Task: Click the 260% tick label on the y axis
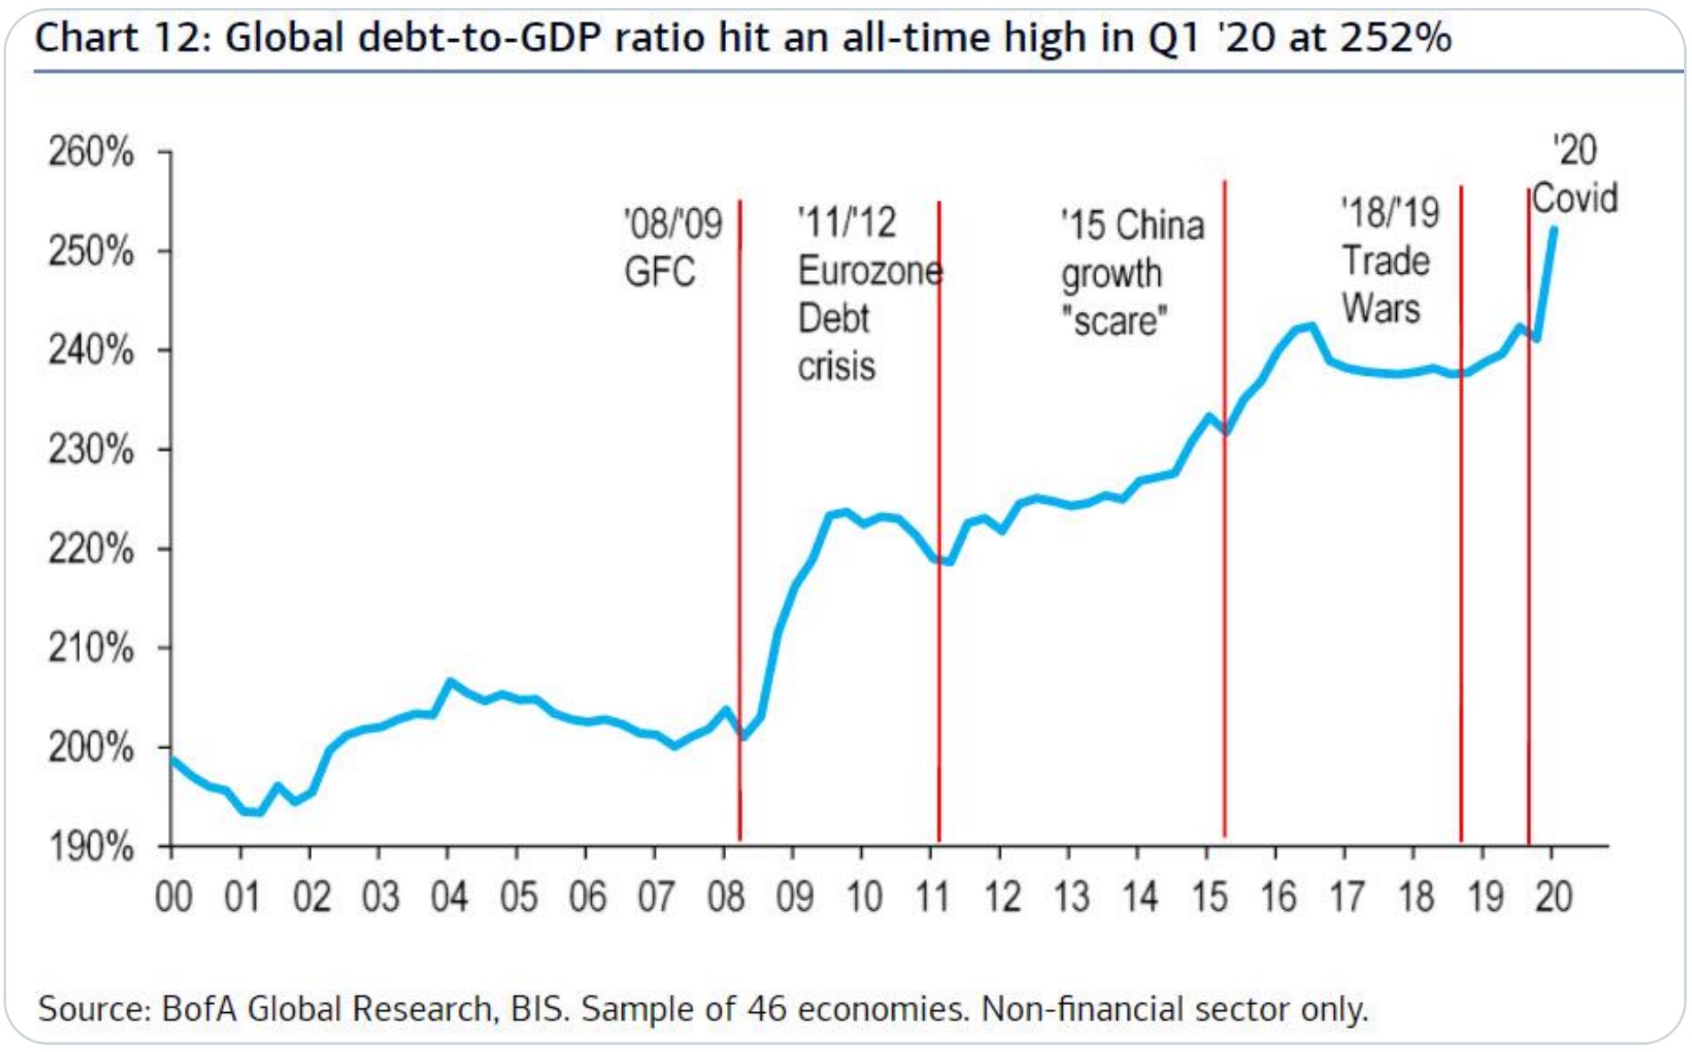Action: (x=91, y=152)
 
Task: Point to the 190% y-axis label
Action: (x=91, y=847)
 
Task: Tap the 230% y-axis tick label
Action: (x=91, y=450)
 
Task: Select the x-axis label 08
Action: (x=725, y=897)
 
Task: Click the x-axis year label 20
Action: (x=1553, y=897)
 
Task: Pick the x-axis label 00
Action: (x=173, y=897)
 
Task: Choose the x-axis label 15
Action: (x=1209, y=897)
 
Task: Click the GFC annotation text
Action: (x=659, y=272)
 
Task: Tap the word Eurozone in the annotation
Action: (x=870, y=270)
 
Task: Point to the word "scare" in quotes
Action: (x=1114, y=321)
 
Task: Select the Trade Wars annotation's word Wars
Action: (x=1381, y=308)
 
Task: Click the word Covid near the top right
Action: (x=1575, y=198)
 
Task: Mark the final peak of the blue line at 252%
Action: (x=1553, y=229)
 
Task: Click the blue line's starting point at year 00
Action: (x=172, y=758)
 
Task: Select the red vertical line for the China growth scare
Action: (x=1225, y=533)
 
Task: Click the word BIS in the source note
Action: (x=539, y=1009)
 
